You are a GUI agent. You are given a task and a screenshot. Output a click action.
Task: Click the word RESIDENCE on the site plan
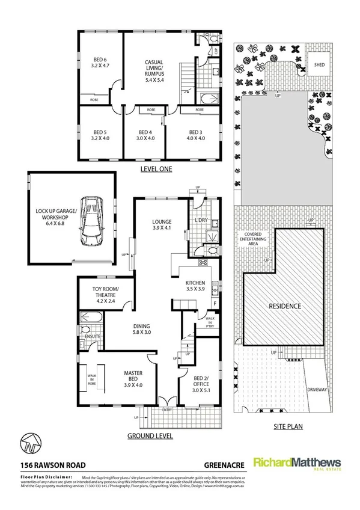point(284,306)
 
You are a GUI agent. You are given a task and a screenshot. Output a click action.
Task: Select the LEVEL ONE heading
point(156,169)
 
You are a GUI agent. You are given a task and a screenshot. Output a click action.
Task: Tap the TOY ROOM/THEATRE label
point(106,293)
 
